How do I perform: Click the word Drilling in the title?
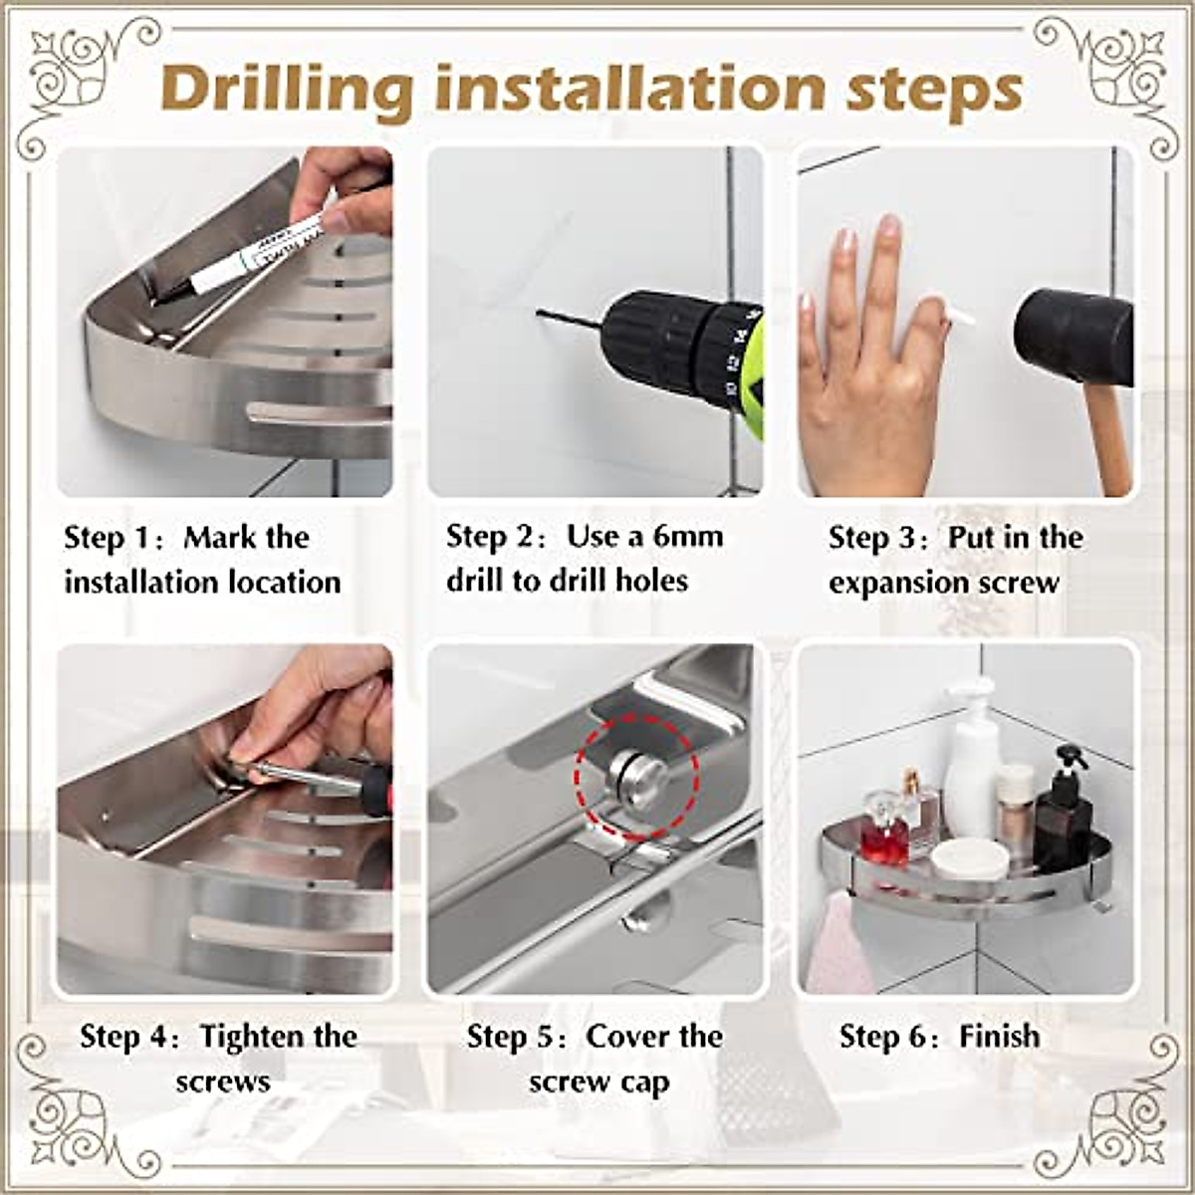[287, 90]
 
